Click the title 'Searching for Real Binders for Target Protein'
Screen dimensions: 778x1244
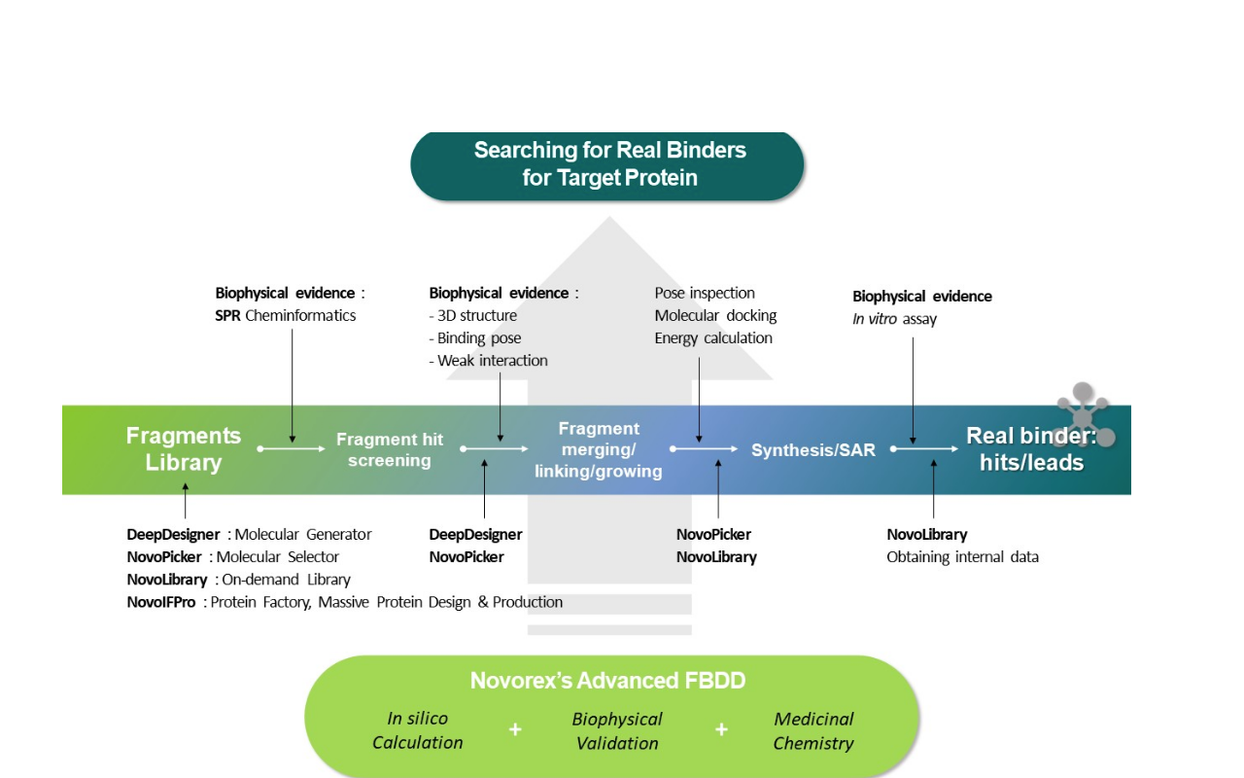[x=609, y=164]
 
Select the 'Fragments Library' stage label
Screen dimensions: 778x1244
[x=184, y=449]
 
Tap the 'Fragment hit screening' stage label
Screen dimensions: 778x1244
[x=390, y=450]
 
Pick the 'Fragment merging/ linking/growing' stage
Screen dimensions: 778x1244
[x=599, y=450]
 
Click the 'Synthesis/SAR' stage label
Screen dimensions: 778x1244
[x=813, y=450]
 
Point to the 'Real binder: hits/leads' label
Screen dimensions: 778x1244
[x=1030, y=450]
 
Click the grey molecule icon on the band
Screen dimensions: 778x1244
[x=1083, y=416]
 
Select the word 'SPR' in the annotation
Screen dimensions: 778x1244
[x=227, y=315]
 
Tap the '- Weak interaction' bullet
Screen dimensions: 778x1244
[x=489, y=361]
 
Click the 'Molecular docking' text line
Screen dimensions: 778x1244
[x=715, y=315]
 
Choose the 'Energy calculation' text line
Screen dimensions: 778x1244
[x=713, y=338]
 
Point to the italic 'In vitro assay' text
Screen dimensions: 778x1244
[x=894, y=319]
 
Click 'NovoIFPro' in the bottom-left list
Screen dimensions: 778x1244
[x=161, y=602]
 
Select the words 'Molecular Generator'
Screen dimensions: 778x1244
[x=303, y=534]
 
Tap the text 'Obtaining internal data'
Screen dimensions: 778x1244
[x=962, y=557]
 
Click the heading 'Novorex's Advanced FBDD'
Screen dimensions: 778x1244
[x=607, y=681]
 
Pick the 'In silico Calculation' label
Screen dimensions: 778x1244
[x=418, y=730]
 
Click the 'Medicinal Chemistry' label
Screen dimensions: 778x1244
[x=813, y=731]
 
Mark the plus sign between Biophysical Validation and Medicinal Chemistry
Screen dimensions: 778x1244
[x=721, y=729]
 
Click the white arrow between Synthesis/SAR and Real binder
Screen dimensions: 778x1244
[x=925, y=449]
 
